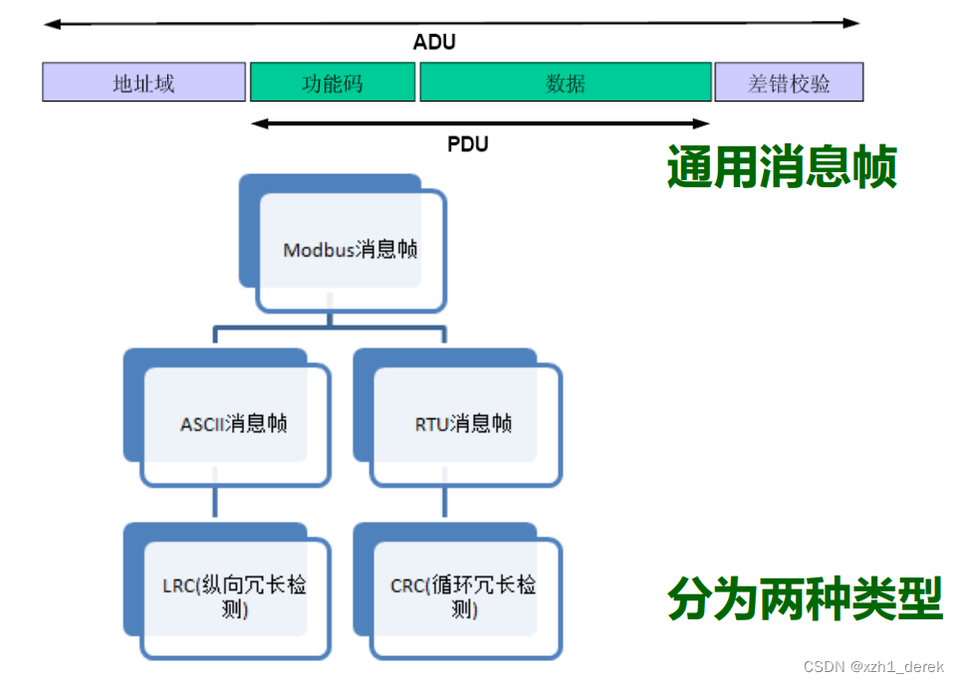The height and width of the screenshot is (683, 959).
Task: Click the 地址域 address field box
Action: coord(143,83)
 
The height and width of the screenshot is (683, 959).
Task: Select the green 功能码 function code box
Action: coord(332,83)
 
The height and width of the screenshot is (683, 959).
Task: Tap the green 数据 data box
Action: coord(565,83)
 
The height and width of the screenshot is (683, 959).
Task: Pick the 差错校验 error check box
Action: coord(788,83)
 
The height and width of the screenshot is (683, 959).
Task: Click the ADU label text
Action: coord(434,43)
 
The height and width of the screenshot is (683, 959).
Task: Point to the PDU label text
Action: coord(467,144)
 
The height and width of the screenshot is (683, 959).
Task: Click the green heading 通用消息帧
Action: coord(782,167)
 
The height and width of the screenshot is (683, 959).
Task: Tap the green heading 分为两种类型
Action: coord(804,599)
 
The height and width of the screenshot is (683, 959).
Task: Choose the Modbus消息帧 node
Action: coord(350,250)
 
